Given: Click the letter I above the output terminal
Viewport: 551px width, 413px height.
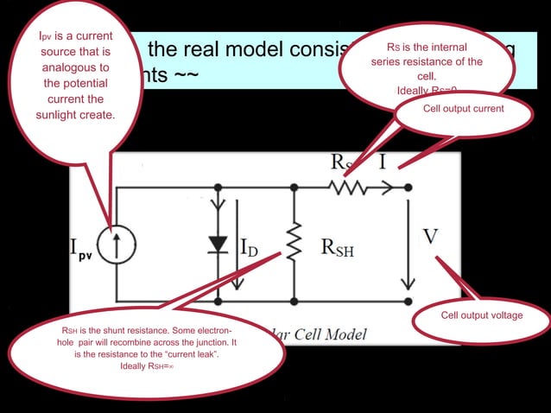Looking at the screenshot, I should point(381,162).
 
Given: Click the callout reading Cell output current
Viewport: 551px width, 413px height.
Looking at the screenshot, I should point(463,110).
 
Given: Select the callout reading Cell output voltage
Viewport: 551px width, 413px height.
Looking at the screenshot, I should point(481,315).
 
